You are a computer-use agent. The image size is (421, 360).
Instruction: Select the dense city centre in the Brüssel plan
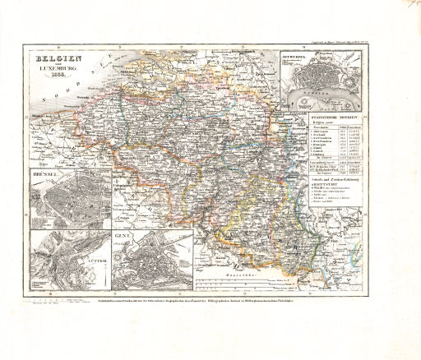tap(66, 201)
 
